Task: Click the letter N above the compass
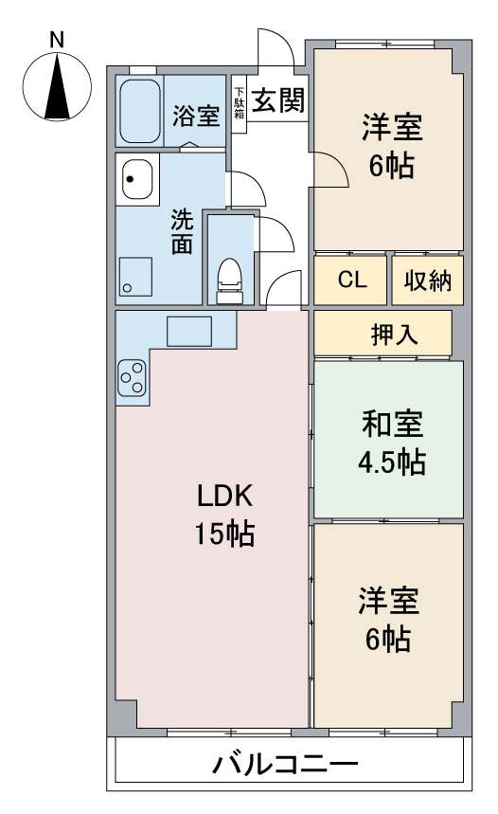pyautogui.click(x=57, y=40)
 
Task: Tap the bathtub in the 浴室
pyautogui.click(x=140, y=111)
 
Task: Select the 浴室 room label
pyautogui.click(x=196, y=116)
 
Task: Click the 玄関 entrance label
pyautogui.click(x=278, y=99)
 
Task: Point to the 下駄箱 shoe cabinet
pyautogui.click(x=239, y=104)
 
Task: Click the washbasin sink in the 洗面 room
pyautogui.click(x=137, y=179)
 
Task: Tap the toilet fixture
pyautogui.click(x=229, y=281)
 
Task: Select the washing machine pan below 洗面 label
pyautogui.click(x=135, y=276)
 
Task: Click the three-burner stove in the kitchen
pyautogui.click(x=132, y=378)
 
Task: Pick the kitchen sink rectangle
pyautogui.click(x=188, y=332)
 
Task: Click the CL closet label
pyautogui.click(x=352, y=280)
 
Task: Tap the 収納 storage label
pyautogui.click(x=428, y=280)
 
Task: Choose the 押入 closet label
pyautogui.click(x=394, y=335)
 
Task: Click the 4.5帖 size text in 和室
pyautogui.click(x=392, y=462)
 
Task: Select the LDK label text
pyautogui.click(x=225, y=496)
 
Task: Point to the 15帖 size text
pyautogui.click(x=224, y=534)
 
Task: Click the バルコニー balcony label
pyautogui.click(x=285, y=764)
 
